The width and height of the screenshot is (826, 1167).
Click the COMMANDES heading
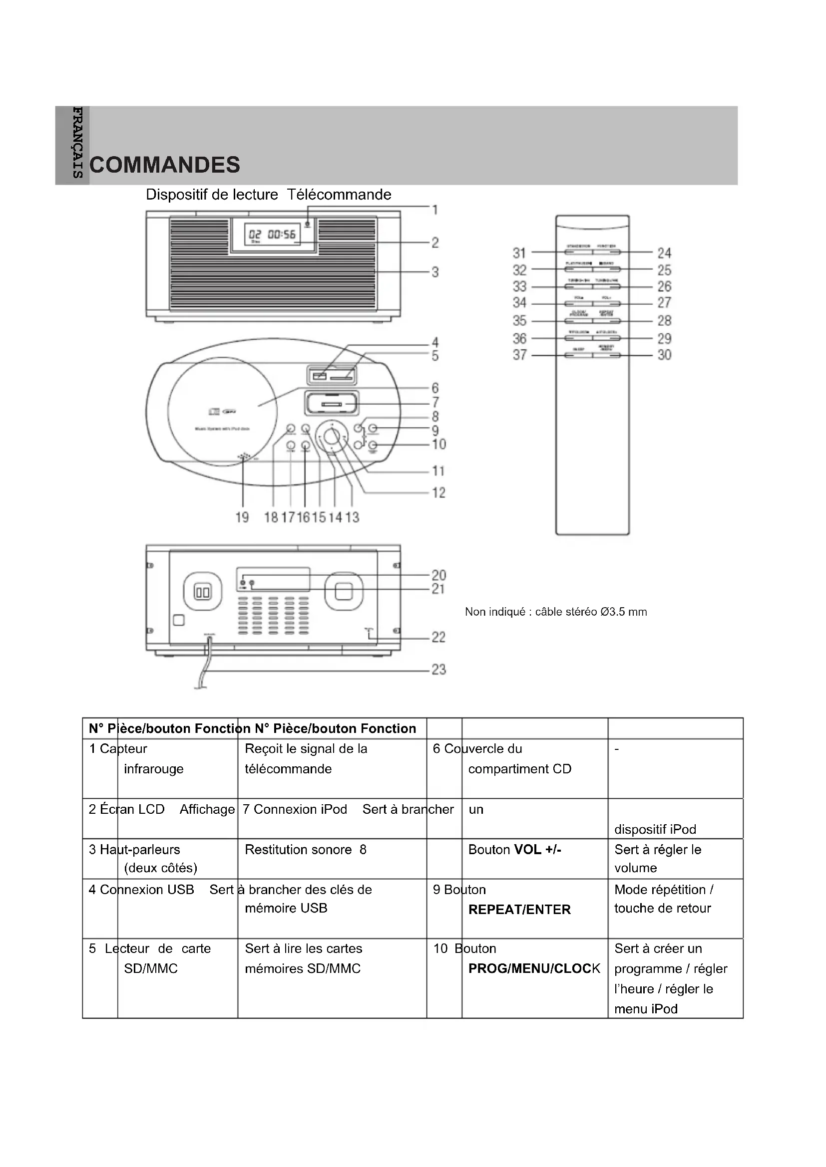coord(164,165)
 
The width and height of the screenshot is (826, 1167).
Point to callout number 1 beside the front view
coord(435,210)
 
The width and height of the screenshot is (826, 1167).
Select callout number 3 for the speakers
coord(435,272)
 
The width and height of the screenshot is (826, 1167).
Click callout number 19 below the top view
coord(242,517)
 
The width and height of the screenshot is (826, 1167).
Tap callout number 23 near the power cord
coord(438,670)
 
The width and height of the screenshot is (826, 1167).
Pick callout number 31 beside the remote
coord(519,252)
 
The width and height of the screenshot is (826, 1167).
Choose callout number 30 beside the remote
coord(664,355)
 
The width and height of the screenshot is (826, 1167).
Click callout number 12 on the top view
coord(438,492)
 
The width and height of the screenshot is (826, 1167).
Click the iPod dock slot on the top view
coord(331,405)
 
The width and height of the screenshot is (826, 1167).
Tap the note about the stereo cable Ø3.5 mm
coord(556,612)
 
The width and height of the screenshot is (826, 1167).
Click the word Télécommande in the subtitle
coord(339,195)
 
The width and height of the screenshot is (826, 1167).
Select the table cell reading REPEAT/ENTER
coord(519,910)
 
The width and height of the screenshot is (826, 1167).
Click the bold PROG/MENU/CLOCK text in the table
coord(534,968)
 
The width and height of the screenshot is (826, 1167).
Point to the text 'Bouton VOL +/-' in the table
coord(515,849)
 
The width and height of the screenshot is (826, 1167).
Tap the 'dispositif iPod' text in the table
coord(655,830)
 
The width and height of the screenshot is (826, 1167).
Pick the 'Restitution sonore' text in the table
coord(298,849)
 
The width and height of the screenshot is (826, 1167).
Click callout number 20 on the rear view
coord(438,575)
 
